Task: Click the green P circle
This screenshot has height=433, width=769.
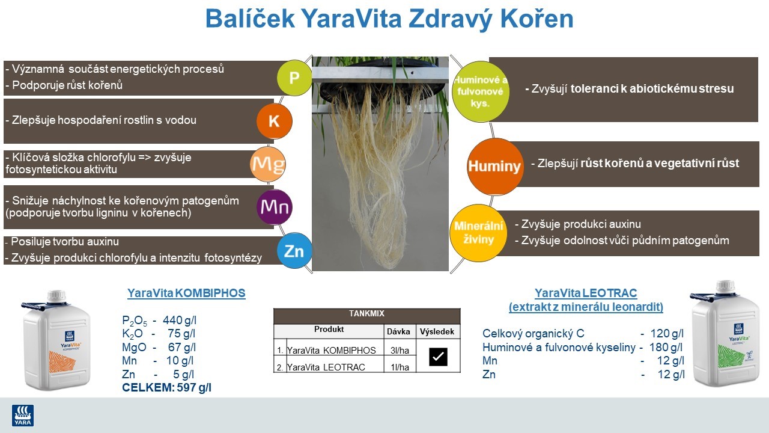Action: point(294,78)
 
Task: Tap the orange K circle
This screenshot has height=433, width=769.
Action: point(274,121)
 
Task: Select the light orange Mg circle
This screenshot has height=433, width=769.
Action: point(267,164)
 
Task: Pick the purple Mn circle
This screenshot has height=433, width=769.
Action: point(274,207)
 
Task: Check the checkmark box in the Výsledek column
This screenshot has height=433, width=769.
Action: point(438,357)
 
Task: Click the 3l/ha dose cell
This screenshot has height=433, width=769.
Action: point(400,351)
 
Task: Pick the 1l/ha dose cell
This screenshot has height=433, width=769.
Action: point(400,367)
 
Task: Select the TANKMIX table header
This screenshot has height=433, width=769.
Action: point(366,314)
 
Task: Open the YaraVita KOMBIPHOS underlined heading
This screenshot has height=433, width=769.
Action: point(186,293)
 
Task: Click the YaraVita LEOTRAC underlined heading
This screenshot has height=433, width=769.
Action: point(586,293)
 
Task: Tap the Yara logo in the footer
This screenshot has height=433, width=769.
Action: point(23,415)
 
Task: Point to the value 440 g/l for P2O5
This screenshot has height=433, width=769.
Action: point(180,320)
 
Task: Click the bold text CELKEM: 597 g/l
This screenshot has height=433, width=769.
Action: point(166,388)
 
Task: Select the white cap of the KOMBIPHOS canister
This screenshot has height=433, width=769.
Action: point(56,296)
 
